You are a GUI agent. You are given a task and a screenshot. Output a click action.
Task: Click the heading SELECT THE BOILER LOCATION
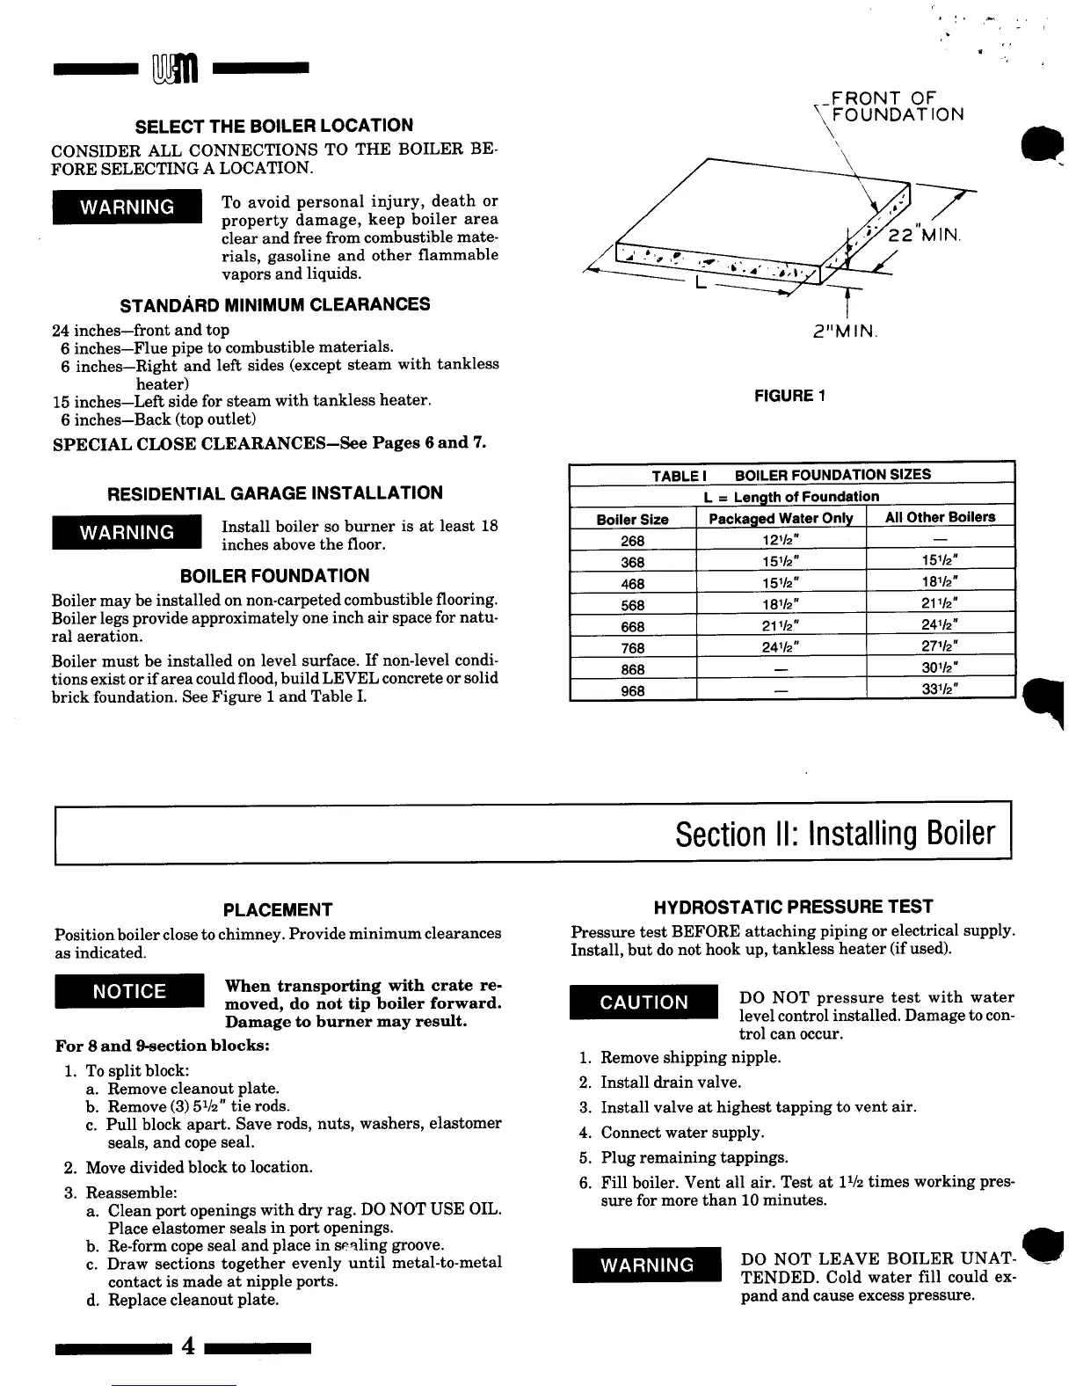[274, 125]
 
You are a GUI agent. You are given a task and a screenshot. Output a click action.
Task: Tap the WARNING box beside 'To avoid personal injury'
[127, 208]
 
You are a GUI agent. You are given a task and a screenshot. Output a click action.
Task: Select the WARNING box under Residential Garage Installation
[127, 533]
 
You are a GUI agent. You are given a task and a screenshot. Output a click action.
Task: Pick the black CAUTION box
[644, 1003]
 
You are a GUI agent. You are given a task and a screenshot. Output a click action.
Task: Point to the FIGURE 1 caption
[789, 396]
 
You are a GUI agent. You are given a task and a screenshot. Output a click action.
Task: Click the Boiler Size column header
[632, 519]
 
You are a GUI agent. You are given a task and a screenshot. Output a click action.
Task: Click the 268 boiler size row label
[632, 541]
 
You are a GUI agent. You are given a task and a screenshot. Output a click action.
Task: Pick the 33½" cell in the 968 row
[940, 689]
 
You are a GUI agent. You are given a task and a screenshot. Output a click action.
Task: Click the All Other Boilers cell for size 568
[940, 604]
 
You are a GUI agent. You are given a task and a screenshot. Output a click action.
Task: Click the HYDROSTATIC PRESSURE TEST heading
[793, 907]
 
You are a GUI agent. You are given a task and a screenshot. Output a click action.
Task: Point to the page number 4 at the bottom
[186, 1346]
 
